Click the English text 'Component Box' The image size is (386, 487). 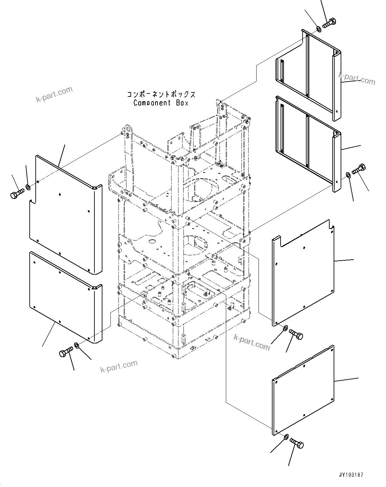[160, 103]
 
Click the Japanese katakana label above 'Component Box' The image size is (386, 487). [161, 94]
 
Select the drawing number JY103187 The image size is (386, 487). [351, 475]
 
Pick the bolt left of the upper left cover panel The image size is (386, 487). [17, 194]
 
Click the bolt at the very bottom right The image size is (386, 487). [297, 443]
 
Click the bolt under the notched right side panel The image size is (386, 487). [296, 334]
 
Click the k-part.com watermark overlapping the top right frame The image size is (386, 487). [357, 79]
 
